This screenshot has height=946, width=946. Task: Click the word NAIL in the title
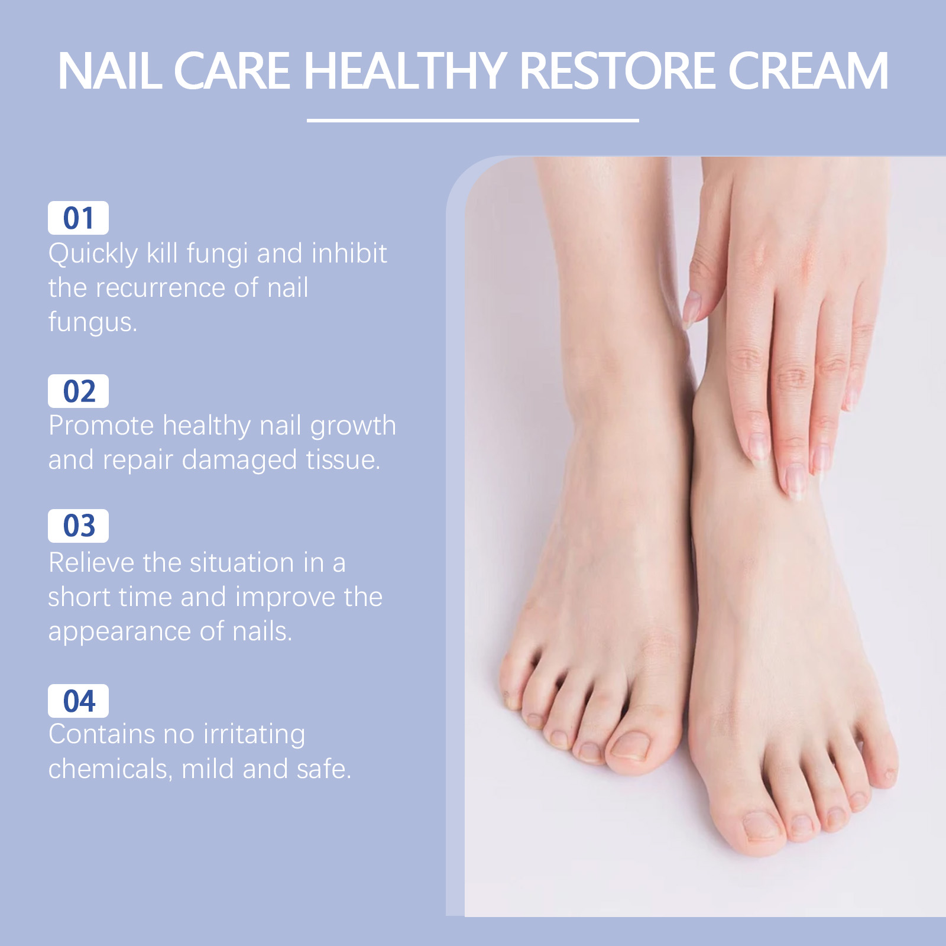click(x=109, y=71)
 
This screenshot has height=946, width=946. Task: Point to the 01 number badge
click(x=78, y=218)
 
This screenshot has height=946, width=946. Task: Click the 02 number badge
click(x=78, y=391)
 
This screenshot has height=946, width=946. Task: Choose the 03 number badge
click(x=78, y=526)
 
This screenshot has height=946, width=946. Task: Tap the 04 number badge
click(x=78, y=701)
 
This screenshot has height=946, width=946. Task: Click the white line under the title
click(x=473, y=120)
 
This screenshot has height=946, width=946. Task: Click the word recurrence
click(x=160, y=288)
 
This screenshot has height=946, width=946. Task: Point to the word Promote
click(x=101, y=426)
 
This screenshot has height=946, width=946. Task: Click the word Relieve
click(x=92, y=562)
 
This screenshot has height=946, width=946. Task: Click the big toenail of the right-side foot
click(x=760, y=827)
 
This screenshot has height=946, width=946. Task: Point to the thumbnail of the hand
click(x=691, y=309)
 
